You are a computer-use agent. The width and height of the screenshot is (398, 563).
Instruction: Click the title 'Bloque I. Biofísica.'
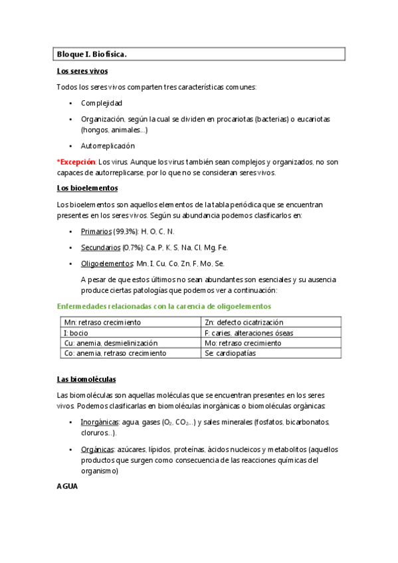coord(92,54)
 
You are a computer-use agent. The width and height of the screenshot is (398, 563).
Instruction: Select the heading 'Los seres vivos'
coord(82,71)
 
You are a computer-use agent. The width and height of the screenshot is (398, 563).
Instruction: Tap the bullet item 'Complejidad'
coord(102,104)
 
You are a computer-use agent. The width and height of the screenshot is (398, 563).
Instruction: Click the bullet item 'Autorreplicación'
coord(108,145)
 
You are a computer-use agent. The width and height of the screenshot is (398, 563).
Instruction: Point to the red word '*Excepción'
coord(76,162)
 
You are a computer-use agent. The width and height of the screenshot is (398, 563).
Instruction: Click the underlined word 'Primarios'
coord(96,232)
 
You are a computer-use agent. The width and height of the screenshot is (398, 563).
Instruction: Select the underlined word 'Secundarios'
coord(100,248)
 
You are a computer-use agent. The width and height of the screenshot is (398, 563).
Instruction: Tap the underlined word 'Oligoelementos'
coord(106,264)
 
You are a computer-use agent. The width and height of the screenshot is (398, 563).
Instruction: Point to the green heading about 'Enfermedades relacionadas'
coord(164,306)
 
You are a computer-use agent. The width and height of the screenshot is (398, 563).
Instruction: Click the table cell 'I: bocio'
coord(76,333)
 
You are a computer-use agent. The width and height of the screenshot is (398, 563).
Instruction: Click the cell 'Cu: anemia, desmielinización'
coord(110,343)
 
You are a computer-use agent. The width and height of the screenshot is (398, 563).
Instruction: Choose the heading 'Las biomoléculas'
coord(86,379)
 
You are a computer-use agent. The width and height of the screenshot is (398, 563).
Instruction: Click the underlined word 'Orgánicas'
coord(97,449)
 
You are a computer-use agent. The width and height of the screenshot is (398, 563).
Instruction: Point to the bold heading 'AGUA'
coord(67,487)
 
